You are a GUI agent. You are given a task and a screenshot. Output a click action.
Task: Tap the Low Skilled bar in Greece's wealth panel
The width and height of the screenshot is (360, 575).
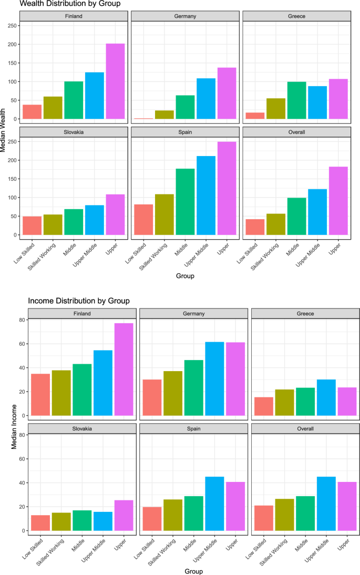(254, 116)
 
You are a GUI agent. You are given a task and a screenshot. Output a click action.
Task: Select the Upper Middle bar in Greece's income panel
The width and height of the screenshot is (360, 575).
(326, 397)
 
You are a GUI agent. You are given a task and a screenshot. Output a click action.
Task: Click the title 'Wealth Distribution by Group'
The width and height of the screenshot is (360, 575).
(70, 4)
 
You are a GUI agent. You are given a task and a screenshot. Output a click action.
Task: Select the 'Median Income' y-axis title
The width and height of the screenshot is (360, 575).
(15, 419)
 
